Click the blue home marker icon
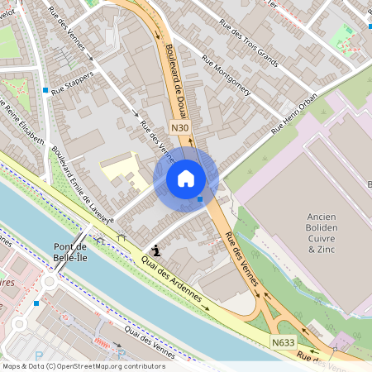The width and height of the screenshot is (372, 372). click(x=186, y=178)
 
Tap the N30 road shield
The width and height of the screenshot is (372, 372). click(x=181, y=128)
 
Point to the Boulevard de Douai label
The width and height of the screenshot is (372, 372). click(x=176, y=79)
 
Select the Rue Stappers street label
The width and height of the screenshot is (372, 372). click(x=73, y=83)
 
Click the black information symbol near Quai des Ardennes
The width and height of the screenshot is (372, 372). click(x=155, y=249)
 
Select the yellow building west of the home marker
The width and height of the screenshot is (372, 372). click(x=124, y=170)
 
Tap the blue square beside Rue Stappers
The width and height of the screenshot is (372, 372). click(x=45, y=88)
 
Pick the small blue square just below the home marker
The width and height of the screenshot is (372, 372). click(x=201, y=198)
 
